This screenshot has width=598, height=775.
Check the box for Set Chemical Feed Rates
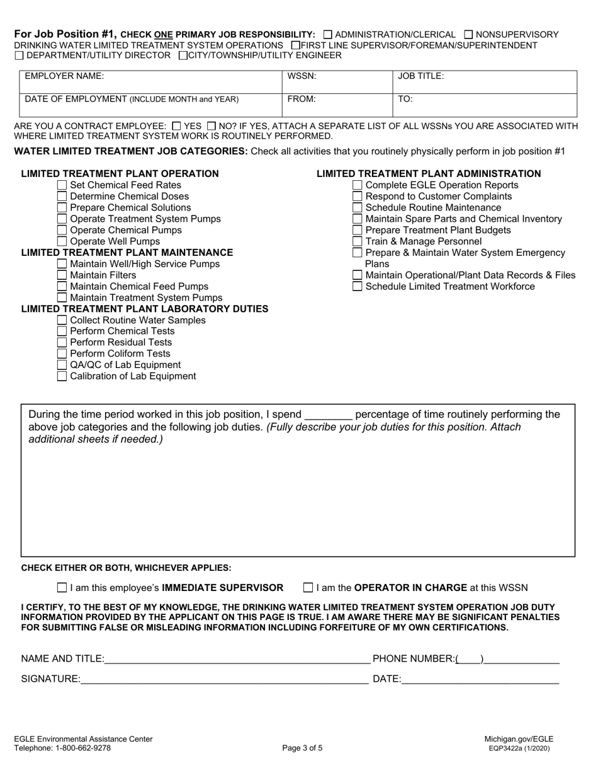point(62,185)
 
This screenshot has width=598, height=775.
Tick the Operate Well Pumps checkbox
point(62,241)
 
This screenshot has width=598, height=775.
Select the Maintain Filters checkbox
point(62,275)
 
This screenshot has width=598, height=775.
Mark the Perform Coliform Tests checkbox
point(62,353)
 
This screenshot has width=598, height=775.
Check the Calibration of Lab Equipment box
point(62,376)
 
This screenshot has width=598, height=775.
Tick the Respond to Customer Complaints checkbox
point(358,197)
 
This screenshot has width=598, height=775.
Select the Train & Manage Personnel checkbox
point(358,241)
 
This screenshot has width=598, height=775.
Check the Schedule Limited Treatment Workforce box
point(358,286)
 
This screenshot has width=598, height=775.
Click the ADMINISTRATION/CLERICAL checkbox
point(327,35)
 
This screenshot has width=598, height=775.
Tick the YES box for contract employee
point(177,126)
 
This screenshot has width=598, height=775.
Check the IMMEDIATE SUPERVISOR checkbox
point(62,588)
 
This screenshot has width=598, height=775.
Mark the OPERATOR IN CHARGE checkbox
point(308,588)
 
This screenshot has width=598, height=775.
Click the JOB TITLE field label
point(421,76)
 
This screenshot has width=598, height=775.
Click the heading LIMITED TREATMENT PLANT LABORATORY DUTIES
point(145,309)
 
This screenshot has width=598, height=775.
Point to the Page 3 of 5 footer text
point(303,749)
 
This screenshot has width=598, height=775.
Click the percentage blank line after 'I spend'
point(328,415)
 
